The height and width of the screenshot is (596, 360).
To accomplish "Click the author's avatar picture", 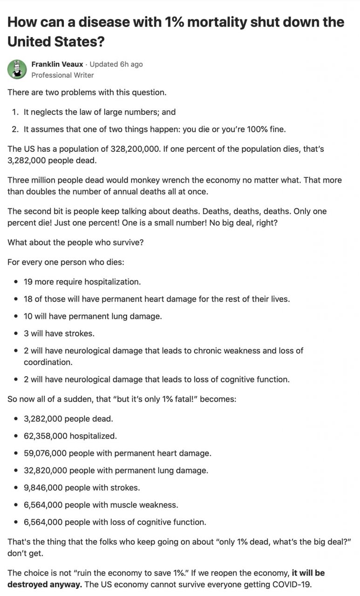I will coord(17,69).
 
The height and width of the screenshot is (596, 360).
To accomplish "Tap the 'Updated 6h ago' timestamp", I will coord(116,64).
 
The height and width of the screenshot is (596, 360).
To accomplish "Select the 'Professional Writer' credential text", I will coord(62,75).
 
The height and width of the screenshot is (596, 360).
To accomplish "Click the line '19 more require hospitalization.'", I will coord(82,282).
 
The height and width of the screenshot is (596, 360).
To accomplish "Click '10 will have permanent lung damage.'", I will coord(93,316).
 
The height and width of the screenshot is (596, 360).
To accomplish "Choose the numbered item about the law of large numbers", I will coord(99,112).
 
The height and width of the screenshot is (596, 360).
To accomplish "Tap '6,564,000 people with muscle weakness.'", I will coord(101,505).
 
